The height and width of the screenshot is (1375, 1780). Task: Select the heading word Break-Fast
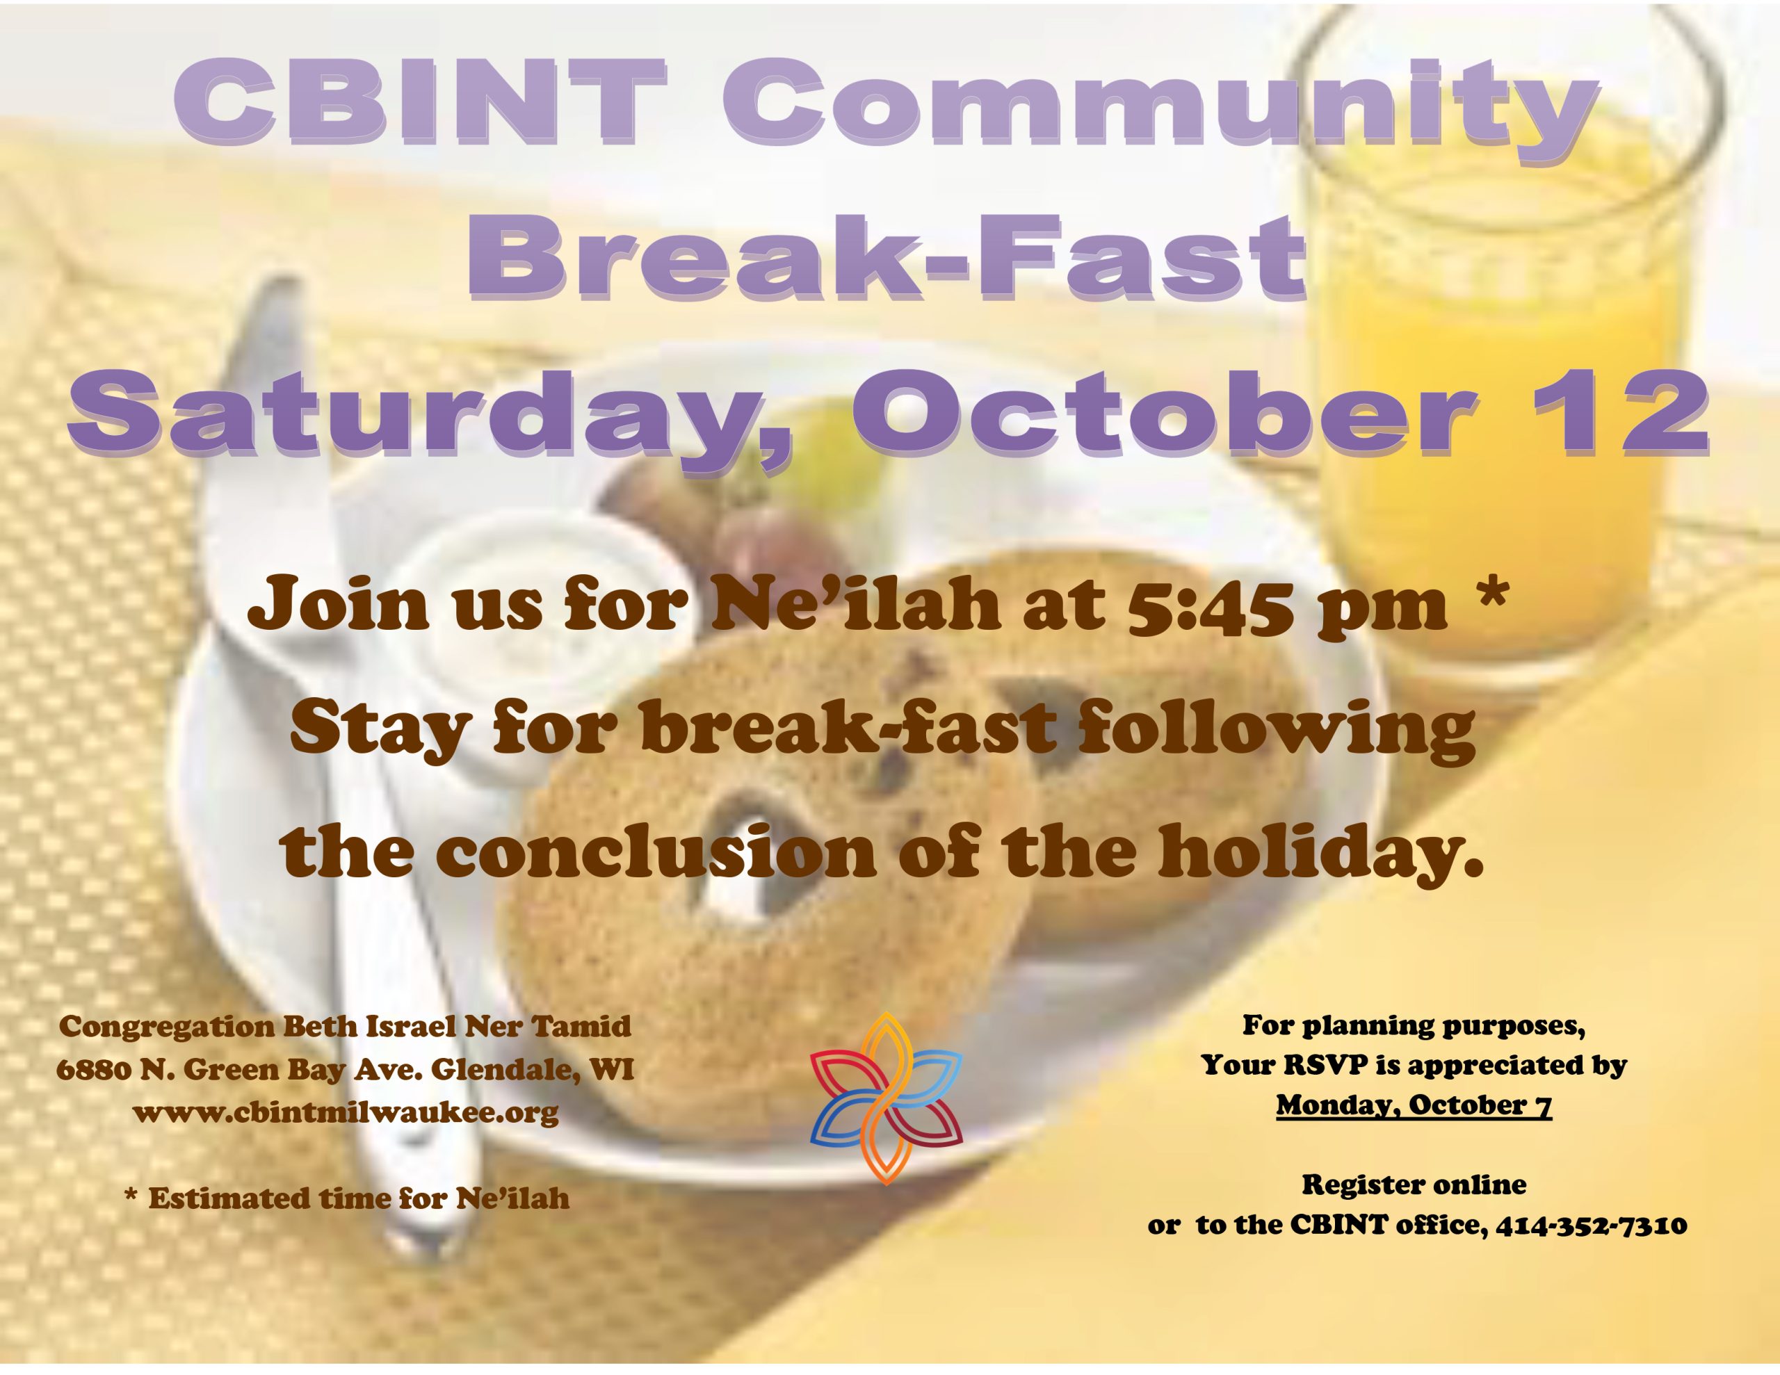(887, 257)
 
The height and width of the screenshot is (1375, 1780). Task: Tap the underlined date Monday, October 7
(1414, 1105)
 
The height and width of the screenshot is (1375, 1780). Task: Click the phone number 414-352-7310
(1591, 1225)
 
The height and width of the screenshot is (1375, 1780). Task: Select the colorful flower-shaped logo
(886, 1098)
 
